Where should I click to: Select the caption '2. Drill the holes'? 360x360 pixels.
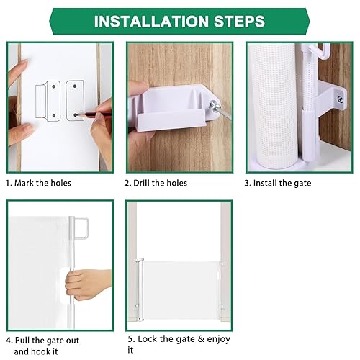tap(156, 183)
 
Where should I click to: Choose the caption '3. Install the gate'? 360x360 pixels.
tap(277, 183)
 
